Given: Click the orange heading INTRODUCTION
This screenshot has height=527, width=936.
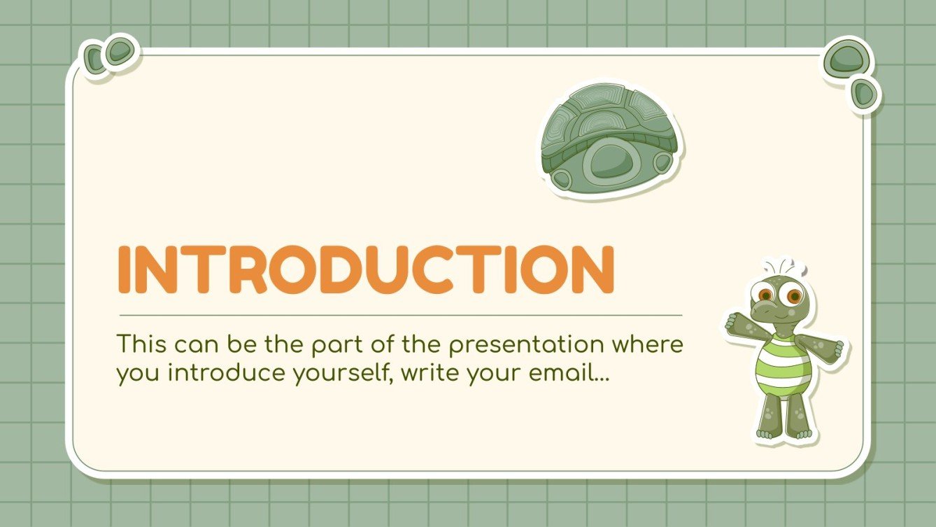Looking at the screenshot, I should coord(366,269).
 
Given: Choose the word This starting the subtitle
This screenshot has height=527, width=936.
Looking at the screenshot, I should coord(141,345).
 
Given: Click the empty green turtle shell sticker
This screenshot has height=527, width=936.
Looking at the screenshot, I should coord(611,140).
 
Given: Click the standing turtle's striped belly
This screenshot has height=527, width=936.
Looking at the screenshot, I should coord(783,365).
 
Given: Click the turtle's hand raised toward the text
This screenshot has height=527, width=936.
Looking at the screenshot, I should coord(735,323).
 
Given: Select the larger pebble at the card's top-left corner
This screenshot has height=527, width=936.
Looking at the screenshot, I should coord(120,51).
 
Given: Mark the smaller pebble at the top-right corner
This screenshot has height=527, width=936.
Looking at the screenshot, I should coord(864,92).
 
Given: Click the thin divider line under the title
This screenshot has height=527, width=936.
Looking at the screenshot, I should coord(400,316).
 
